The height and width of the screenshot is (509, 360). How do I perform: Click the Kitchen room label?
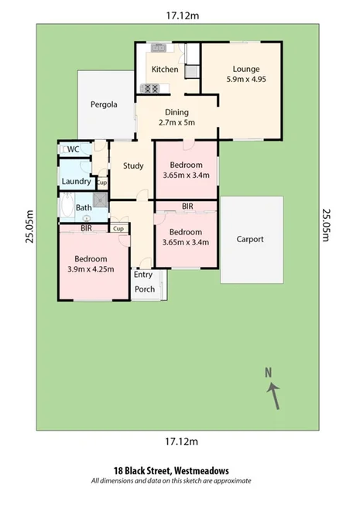coord(165,70)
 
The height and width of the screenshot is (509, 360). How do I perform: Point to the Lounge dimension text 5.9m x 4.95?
coord(246,79)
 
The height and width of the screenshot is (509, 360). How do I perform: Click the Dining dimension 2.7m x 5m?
coord(176,122)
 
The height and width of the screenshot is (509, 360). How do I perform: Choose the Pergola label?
coord(104,104)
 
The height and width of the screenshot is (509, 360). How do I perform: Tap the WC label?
coord(74,149)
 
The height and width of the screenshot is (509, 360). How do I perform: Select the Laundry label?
coord(76,182)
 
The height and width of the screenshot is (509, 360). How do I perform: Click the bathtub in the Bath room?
coord(67,207)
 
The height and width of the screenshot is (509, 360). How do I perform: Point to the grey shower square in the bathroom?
coord(99,197)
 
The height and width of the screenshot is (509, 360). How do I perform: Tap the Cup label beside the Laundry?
coord(101,183)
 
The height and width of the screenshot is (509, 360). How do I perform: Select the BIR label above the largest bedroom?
coord(87,229)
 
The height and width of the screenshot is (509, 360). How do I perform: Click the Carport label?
coord(250,239)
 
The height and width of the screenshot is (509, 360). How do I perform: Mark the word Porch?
coord(145,289)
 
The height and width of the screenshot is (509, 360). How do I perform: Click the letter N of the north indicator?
coord(269,372)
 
